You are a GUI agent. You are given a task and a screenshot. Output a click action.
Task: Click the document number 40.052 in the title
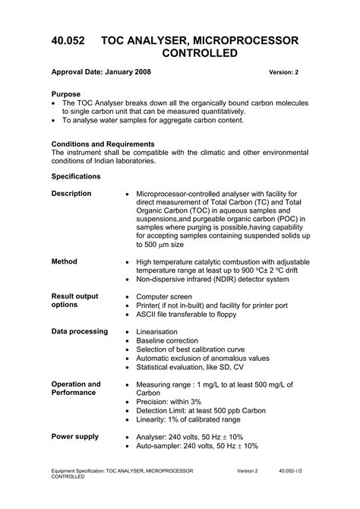[x=71, y=40]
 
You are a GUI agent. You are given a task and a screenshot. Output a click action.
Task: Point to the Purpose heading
[x=67, y=94]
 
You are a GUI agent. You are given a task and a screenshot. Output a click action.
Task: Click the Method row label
[x=65, y=261]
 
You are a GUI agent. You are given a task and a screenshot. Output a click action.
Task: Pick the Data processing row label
[x=79, y=332]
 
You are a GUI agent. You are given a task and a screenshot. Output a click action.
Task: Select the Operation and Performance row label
[x=75, y=389]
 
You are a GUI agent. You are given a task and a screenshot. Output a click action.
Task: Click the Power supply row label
[x=74, y=437]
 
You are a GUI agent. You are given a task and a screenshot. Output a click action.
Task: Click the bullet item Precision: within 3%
[x=169, y=402]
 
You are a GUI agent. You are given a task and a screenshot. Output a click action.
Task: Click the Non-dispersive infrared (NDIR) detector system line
[x=213, y=280]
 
